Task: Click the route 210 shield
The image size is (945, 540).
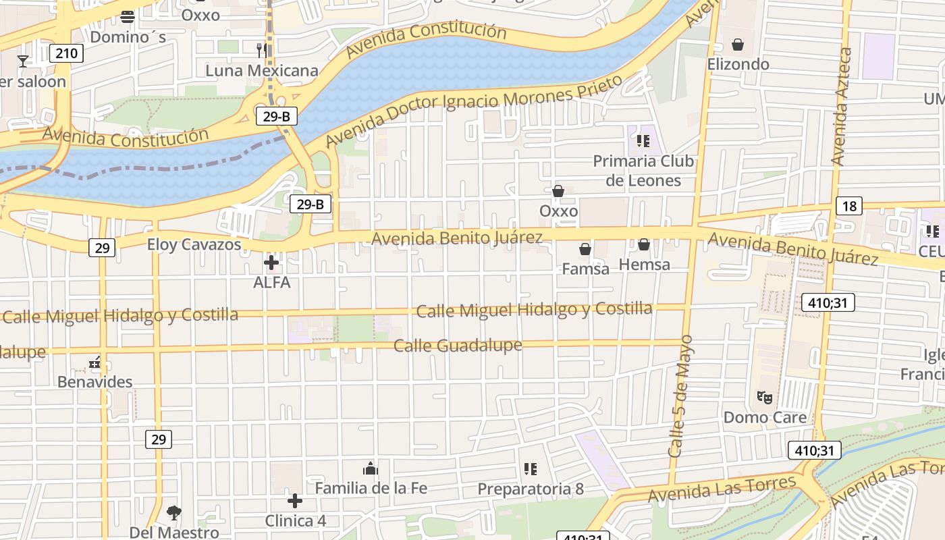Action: pyautogui.click(x=66, y=53)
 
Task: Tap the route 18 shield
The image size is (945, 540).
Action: pyautogui.click(x=848, y=206)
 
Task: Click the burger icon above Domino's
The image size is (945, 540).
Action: pyautogui.click(x=128, y=17)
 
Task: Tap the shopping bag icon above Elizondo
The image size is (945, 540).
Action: pyautogui.click(x=738, y=45)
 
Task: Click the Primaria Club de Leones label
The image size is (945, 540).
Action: pyautogui.click(x=643, y=171)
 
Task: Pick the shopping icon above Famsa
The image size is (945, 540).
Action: pyautogui.click(x=585, y=249)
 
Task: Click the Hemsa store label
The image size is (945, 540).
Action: pyautogui.click(x=644, y=265)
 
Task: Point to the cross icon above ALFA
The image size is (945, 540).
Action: pyautogui.click(x=271, y=263)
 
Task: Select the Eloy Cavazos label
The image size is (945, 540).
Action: pyautogui.click(x=194, y=244)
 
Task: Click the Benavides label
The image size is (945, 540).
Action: pyautogui.click(x=94, y=382)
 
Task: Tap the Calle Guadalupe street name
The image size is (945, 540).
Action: pyautogui.click(x=458, y=346)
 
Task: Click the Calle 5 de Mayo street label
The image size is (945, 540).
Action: pyautogui.click(x=681, y=396)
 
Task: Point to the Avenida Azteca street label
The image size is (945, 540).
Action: pyautogui.click(x=841, y=107)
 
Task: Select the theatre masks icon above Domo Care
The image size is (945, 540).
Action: pyautogui.click(x=764, y=397)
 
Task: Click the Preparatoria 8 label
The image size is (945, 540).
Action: pyautogui.click(x=531, y=489)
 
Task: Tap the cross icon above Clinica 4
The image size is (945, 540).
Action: pyautogui.click(x=295, y=501)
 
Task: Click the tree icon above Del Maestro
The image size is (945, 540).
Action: pyautogui.click(x=174, y=512)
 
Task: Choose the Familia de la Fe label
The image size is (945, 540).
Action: pyautogui.click(x=371, y=487)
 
